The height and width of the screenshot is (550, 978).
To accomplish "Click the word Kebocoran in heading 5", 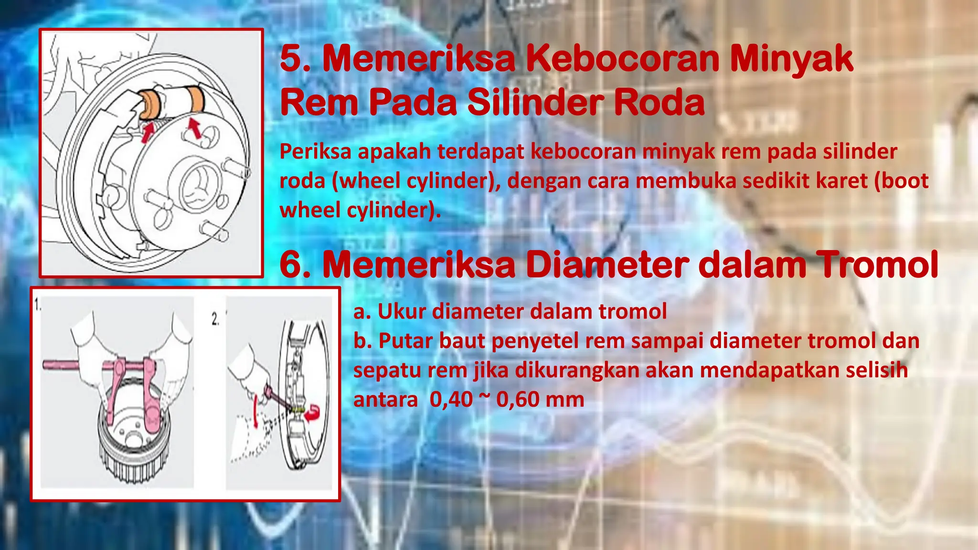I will coord(623,59).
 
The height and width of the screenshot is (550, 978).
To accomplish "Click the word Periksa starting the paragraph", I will coord(315,152).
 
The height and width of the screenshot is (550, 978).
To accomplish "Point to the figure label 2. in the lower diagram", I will coord(215,319).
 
